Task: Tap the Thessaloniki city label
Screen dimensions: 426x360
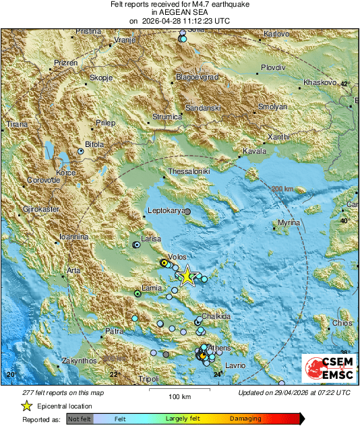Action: tap(189, 172)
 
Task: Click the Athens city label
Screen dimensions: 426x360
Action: tap(221, 347)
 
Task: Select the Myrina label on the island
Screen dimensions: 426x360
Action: tap(289, 222)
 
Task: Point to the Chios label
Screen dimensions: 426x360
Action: tap(342, 324)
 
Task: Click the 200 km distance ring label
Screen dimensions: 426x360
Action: tap(282, 189)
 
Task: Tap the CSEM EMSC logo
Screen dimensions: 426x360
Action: tap(326, 370)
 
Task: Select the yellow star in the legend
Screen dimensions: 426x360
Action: tap(26, 406)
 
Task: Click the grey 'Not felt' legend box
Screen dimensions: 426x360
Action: tap(79, 419)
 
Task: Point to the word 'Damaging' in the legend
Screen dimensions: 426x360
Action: tap(241, 419)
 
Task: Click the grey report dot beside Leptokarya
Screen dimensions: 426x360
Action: tap(188, 212)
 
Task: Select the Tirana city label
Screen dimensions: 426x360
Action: tap(18, 125)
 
